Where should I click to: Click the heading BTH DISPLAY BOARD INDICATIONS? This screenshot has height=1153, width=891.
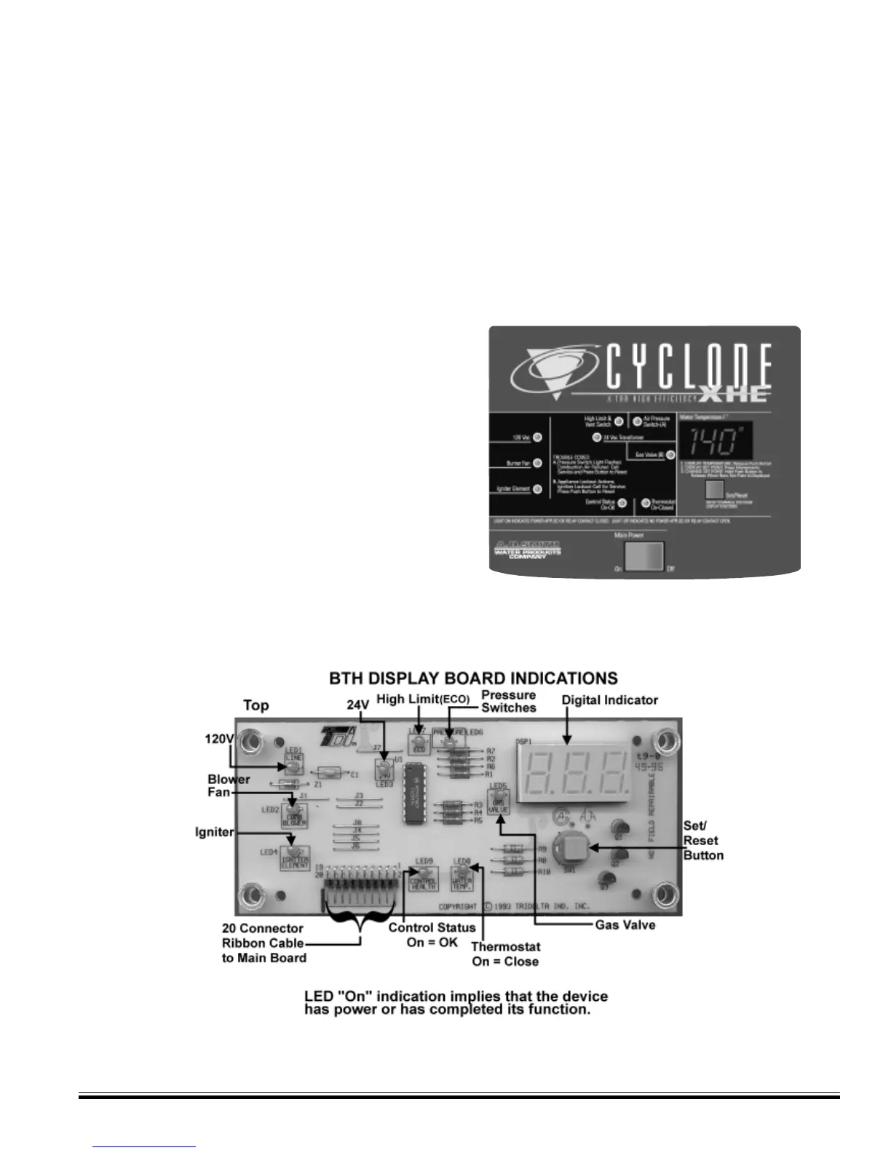click(x=473, y=678)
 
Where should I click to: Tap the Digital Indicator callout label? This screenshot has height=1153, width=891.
click(x=610, y=700)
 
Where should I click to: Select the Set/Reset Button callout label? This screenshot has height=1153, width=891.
click(x=703, y=841)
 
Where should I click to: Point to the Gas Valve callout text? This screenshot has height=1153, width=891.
click(x=625, y=925)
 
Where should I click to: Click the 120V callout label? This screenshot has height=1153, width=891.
click(x=218, y=739)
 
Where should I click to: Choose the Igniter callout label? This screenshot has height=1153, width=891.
click(x=215, y=831)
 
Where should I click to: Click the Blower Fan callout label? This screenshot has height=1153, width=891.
click(x=229, y=785)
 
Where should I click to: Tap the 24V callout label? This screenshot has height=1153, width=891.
click(x=357, y=705)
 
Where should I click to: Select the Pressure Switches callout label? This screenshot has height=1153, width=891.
click(x=508, y=701)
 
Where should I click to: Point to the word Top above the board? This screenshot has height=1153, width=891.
click(x=256, y=705)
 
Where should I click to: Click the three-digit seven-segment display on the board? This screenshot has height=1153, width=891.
click(x=578, y=774)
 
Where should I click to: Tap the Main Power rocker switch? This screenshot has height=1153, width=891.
click(x=645, y=555)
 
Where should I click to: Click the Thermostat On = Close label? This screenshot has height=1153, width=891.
click(x=505, y=954)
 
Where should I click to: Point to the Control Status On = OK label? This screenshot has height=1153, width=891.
click(x=432, y=935)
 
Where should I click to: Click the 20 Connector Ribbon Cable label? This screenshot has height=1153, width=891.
click(x=264, y=943)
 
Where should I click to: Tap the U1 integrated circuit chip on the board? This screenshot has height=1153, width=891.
click(x=413, y=795)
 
